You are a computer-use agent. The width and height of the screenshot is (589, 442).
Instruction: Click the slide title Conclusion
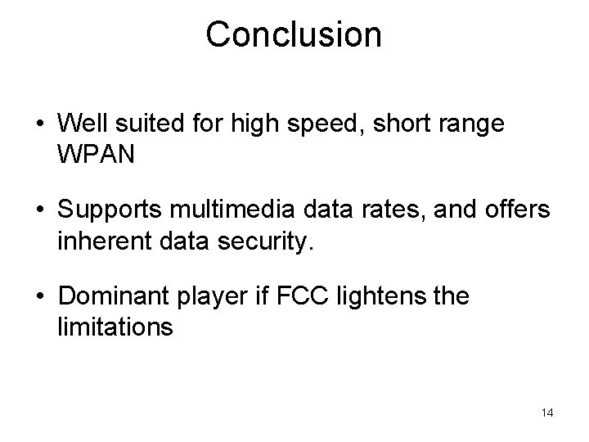tap(294, 34)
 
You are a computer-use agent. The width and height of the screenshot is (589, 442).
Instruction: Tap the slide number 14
tap(547, 413)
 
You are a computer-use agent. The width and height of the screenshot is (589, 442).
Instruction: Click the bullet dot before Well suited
tap(39, 124)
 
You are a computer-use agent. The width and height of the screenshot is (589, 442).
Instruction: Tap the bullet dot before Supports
tap(39, 211)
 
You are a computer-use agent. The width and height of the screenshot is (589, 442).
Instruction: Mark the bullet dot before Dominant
tap(39, 298)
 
